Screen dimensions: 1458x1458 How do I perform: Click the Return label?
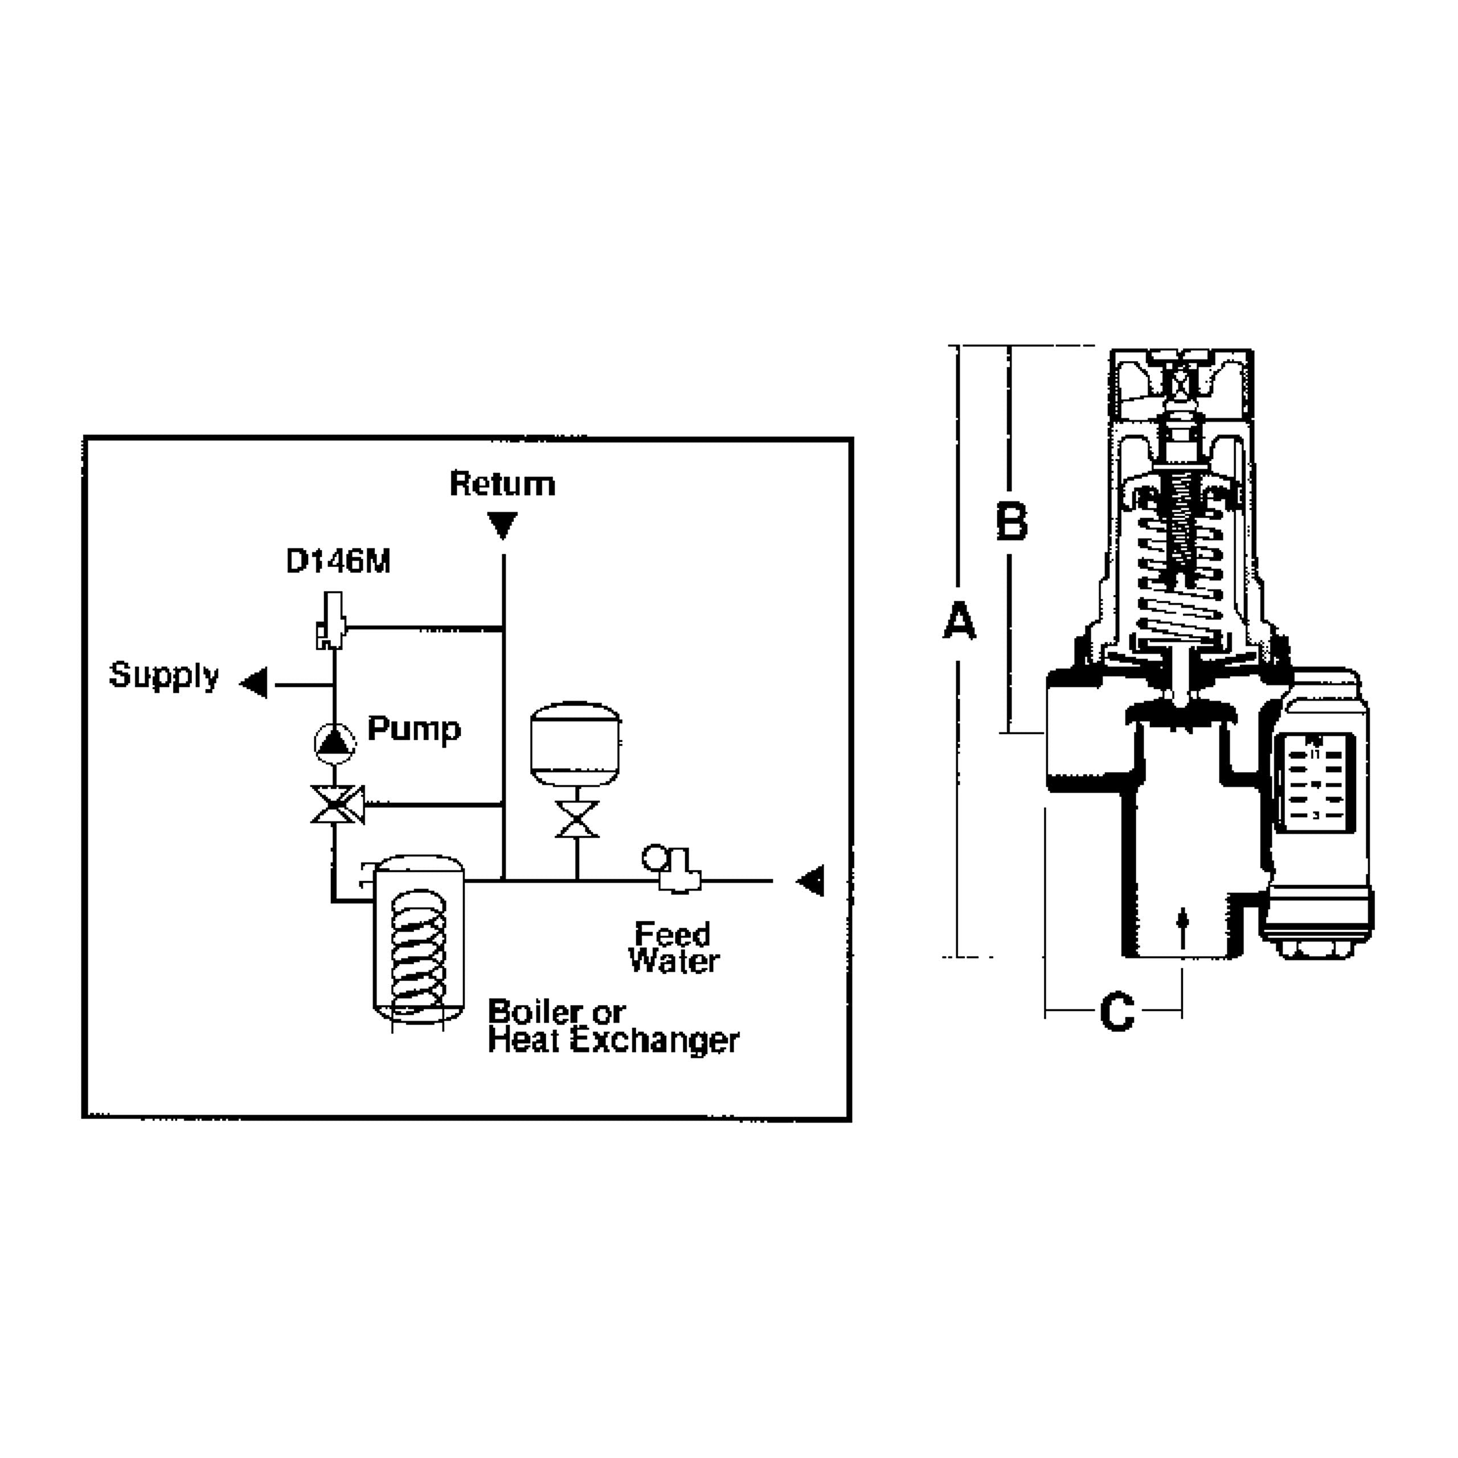point(502,484)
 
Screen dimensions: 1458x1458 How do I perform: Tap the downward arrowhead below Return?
point(502,524)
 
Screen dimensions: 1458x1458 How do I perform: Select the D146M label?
point(338,562)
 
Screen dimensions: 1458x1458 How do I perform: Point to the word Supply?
point(164,675)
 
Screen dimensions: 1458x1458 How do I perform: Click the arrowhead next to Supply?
point(255,683)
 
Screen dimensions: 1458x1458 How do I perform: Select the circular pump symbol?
point(334,743)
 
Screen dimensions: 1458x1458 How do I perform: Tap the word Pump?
point(413,729)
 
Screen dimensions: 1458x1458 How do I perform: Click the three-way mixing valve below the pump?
point(337,805)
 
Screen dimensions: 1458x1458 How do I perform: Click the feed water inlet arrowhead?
point(811,880)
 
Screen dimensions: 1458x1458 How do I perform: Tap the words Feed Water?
point(673,948)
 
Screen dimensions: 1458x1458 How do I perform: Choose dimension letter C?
point(1117,1012)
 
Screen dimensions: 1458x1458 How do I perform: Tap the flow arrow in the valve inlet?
point(1182,924)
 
